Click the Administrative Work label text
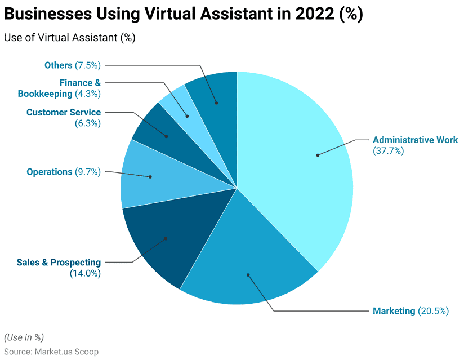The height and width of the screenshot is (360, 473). pos(415,140)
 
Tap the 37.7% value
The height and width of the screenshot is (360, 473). pos(388,151)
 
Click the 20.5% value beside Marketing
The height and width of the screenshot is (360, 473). pos(433,311)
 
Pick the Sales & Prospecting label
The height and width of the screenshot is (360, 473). pos(59,263)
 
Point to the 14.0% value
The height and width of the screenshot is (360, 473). pos(85,273)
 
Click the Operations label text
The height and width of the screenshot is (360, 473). pos(49,172)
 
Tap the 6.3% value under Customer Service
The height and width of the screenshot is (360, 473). pos(87,123)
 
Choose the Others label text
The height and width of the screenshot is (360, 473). pos(59,65)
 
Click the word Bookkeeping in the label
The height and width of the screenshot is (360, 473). pos(45,94)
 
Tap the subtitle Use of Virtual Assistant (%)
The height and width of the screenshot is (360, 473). pos(69,38)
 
